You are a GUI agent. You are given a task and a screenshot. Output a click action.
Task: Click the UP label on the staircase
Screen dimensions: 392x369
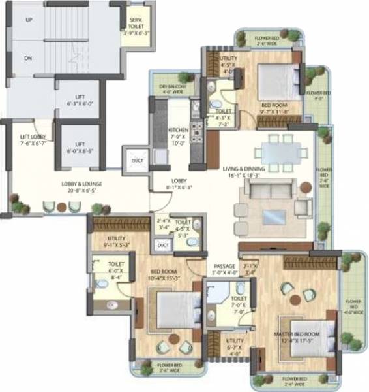coord(29,20)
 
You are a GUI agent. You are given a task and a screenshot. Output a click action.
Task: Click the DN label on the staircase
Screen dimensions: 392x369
coord(29,57)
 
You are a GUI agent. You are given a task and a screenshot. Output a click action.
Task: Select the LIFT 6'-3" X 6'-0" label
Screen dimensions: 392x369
coord(80,99)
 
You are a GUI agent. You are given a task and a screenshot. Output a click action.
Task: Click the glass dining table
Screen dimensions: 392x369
coord(280,151)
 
